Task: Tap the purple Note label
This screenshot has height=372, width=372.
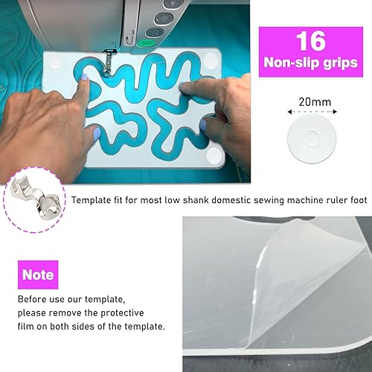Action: click(38, 275)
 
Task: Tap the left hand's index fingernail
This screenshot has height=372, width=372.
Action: click(84, 77)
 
